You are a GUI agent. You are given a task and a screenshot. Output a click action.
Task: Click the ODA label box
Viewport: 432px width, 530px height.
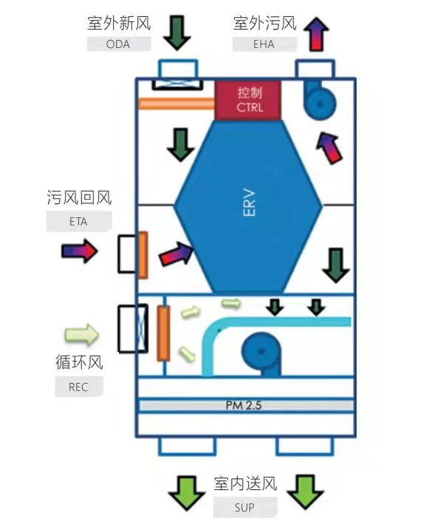[x=119, y=44]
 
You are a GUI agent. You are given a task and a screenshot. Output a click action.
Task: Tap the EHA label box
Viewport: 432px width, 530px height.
[x=264, y=44]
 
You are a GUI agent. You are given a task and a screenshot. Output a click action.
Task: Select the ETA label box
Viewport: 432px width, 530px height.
[x=79, y=222]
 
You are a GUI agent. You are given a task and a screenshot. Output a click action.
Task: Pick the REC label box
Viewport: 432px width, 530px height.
[x=79, y=387]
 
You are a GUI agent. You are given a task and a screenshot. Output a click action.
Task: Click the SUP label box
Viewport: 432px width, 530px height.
[x=245, y=507]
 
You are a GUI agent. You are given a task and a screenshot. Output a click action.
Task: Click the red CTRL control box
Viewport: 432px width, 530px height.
[x=248, y=100]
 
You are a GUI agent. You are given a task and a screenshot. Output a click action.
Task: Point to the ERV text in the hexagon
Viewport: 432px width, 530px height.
[x=250, y=203]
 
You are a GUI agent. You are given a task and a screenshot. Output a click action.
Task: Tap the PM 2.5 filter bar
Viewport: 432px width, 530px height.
[x=246, y=405]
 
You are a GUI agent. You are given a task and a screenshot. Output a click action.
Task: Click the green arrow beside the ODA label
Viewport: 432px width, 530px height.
[x=177, y=33]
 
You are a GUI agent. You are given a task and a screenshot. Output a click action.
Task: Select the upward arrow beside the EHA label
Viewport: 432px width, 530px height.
[x=317, y=34]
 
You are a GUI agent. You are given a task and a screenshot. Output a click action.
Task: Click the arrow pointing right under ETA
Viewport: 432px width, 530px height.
[x=80, y=251]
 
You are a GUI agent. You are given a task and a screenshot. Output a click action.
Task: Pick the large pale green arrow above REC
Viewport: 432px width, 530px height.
[x=82, y=335]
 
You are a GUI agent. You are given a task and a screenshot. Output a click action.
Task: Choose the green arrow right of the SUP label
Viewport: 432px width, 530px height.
[x=305, y=492]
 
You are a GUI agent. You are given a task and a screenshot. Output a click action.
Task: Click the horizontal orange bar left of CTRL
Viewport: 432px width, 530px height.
[x=176, y=103]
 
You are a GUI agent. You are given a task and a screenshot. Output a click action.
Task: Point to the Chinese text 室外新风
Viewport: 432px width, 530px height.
[x=119, y=24]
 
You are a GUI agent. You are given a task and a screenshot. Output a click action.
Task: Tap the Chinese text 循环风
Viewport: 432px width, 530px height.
[x=79, y=362]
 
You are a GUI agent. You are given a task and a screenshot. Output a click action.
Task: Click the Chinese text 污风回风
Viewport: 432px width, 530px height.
[x=79, y=197]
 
